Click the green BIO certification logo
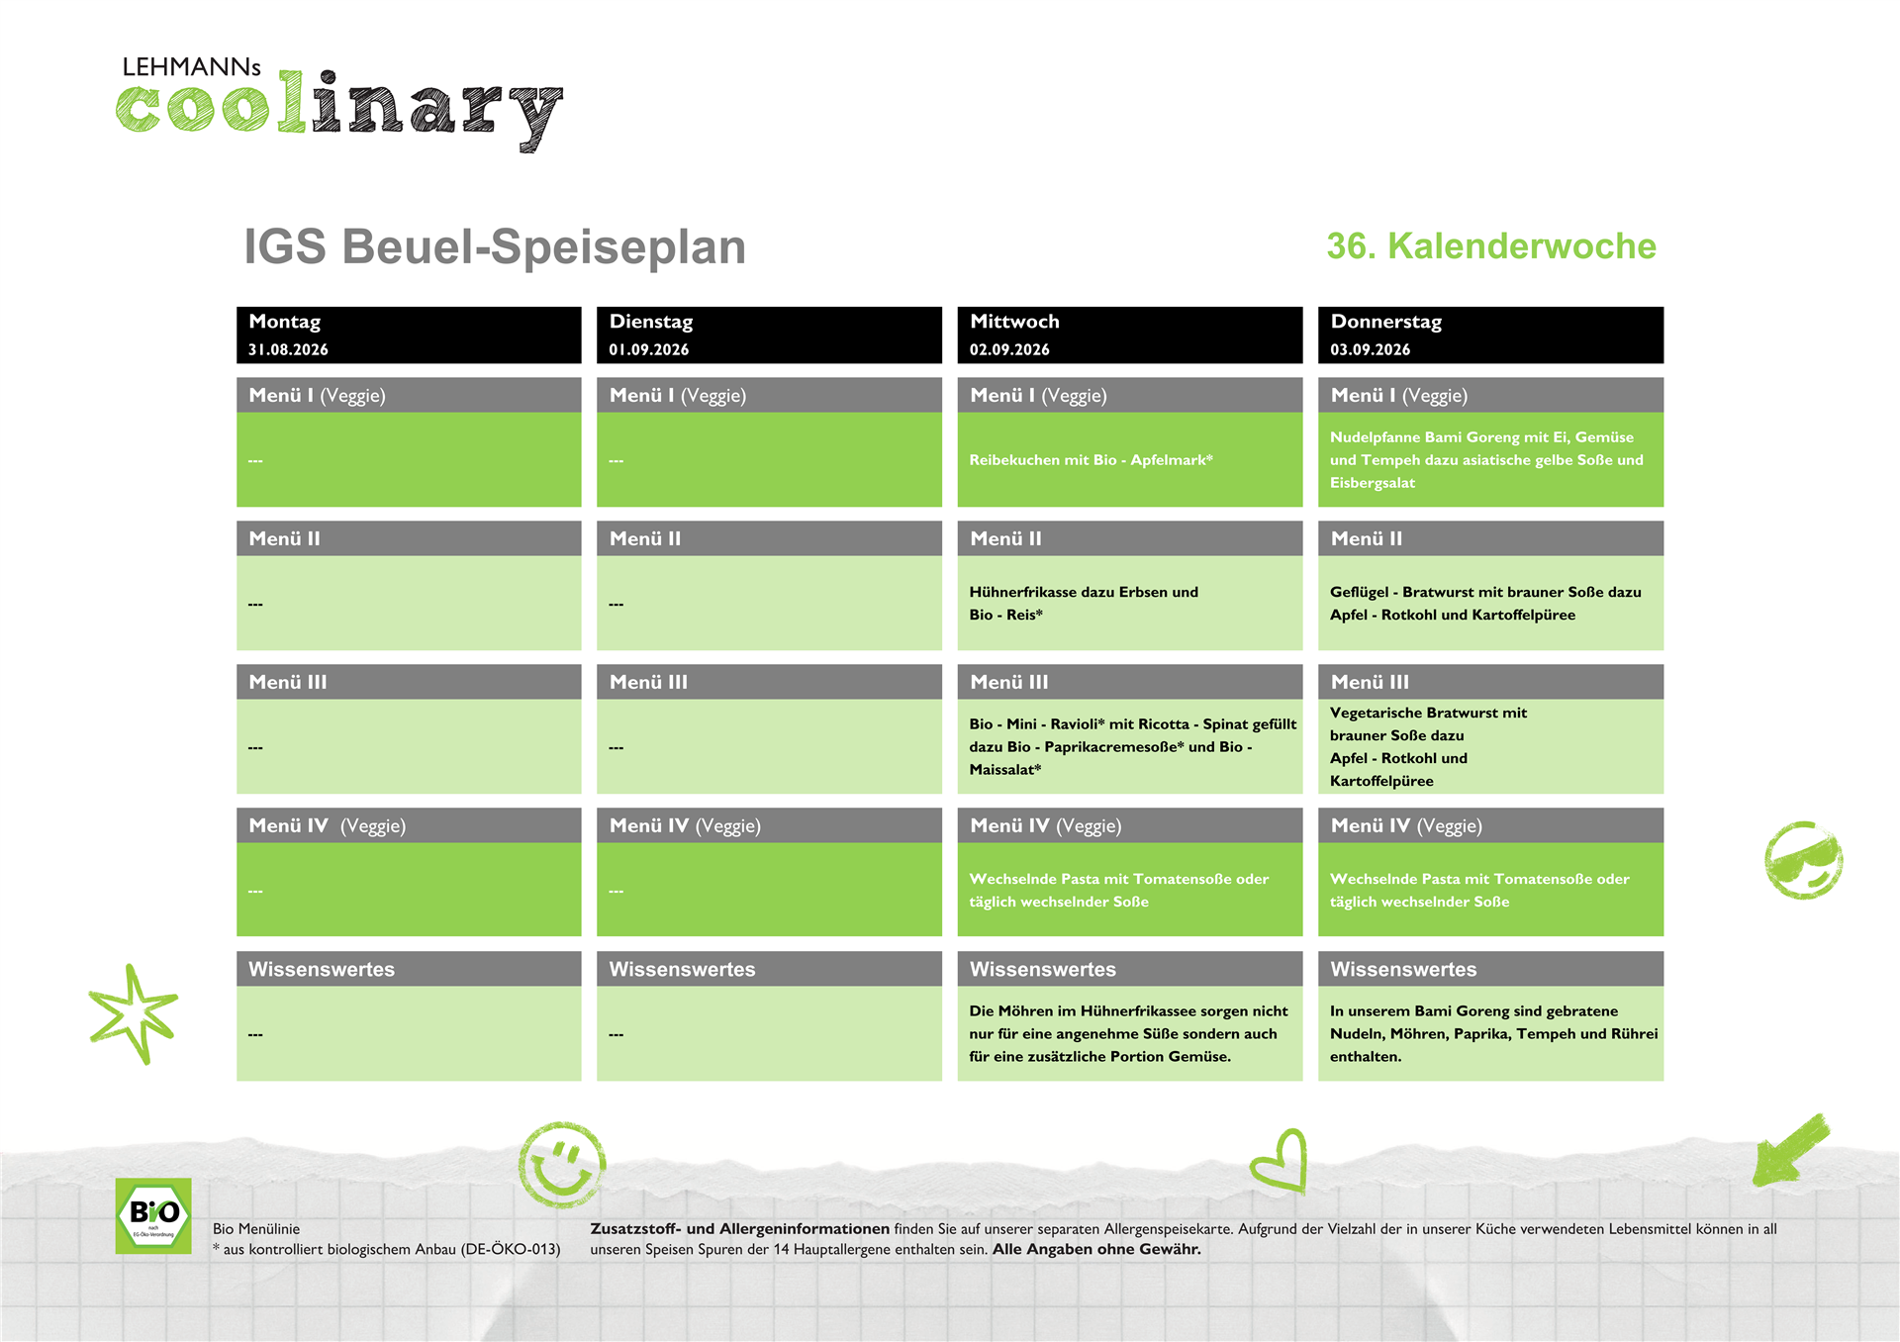pos(153,1215)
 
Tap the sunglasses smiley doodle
pos(1803,860)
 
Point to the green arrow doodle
pos(1790,1150)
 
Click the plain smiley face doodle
pos(562,1165)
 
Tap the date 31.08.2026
pos(288,349)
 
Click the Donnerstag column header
pos(1385,322)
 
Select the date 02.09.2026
pos(1009,349)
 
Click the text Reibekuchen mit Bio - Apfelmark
pos(1091,460)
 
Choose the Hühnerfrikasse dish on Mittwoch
pos(1084,604)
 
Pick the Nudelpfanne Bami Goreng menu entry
pos(1486,460)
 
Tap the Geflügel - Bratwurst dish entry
pos(1485,604)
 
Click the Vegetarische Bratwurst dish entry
pos(1428,747)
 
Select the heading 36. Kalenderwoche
pos(1491,246)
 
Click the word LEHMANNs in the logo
pos(192,67)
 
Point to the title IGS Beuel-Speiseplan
pos(495,247)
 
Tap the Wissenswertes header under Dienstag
pos(682,970)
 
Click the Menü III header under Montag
pos(288,682)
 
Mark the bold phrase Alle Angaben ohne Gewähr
pos(1096,1250)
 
